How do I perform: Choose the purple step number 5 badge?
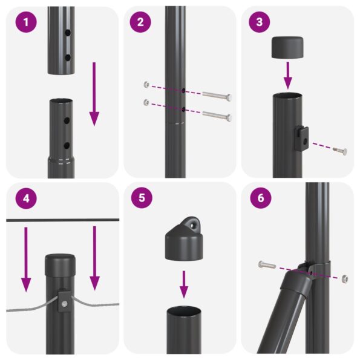[x=140, y=198]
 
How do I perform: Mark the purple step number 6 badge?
[x=259, y=198]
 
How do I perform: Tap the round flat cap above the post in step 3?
[x=288, y=47]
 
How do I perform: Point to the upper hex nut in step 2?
[x=146, y=85]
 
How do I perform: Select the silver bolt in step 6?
[x=266, y=264]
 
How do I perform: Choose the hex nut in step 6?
[x=344, y=278]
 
